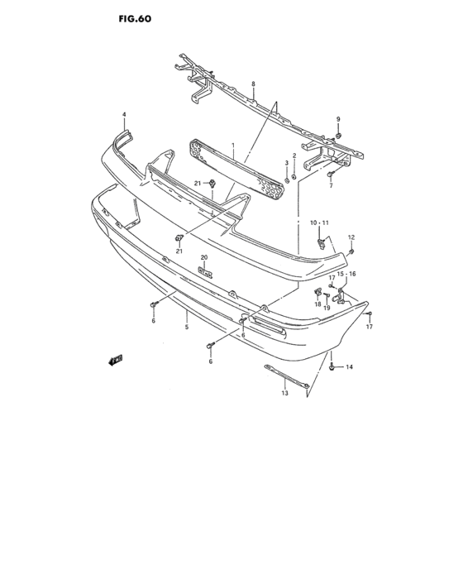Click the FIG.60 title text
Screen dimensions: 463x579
coord(135,19)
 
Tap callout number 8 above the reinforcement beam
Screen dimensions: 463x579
coord(253,84)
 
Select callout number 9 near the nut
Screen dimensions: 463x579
coord(338,119)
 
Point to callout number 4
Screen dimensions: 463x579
coord(124,115)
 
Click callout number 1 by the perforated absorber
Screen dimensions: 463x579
coord(233,146)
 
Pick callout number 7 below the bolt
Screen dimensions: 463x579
coord(331,186)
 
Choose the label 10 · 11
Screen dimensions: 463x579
coord(319,223)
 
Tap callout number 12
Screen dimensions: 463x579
coord(351,237)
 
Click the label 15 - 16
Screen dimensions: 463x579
coord(346,274)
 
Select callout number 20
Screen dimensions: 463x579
coord(204,257)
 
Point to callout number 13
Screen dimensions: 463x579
coord(284,393)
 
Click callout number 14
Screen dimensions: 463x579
coord(349,366)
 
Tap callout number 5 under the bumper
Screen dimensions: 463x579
coord(187,327)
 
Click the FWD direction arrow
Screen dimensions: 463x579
coord(116,360)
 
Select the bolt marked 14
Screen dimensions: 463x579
coord(332,367)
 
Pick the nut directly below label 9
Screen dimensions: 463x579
coord(338,136)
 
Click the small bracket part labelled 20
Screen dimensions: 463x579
coord(205,272)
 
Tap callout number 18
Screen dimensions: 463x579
coord(317,304)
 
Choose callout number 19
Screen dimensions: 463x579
coord(327,308)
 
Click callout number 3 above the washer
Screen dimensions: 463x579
coord(286,163)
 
